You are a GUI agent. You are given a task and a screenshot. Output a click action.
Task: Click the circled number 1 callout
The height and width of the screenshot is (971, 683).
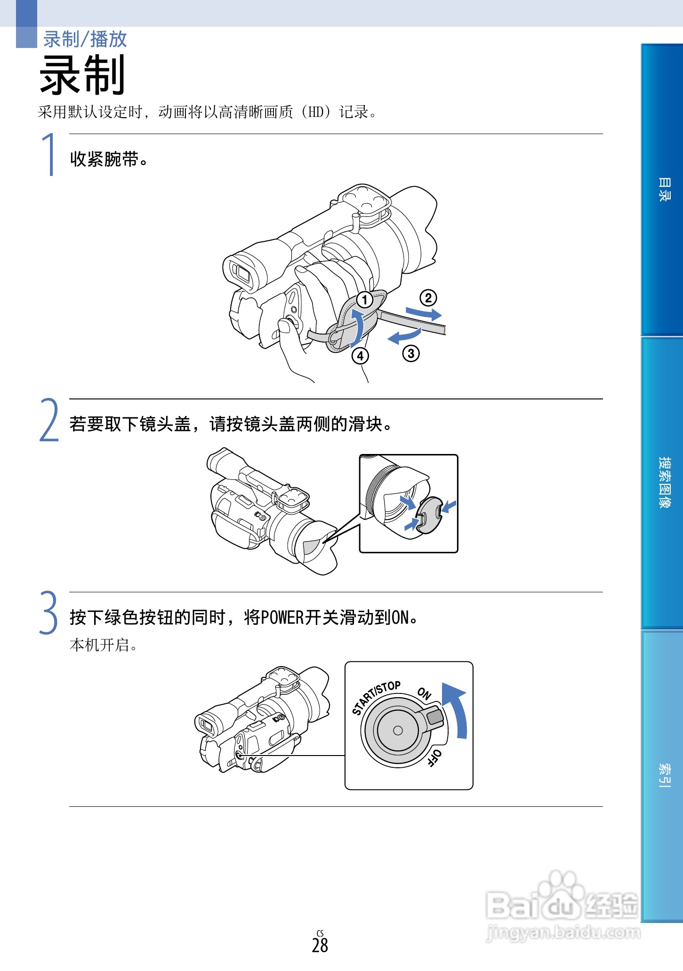pyautogui.click(x=364, y=299)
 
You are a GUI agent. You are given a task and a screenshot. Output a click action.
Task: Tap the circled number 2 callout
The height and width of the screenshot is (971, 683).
pyautogui.click(x=428, y=297)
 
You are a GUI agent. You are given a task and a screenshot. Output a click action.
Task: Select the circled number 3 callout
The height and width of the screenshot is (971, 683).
pyautogui.click(x=411, y=353)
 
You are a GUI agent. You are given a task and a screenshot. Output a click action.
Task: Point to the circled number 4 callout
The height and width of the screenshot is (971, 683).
pyautogui.click(x=360, y=356)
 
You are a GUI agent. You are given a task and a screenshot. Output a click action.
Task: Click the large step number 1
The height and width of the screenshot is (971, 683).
pyautogui.click(x=49, y=154)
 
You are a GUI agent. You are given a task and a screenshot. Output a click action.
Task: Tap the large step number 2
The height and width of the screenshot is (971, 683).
pyautogui.click(x=49, y=420)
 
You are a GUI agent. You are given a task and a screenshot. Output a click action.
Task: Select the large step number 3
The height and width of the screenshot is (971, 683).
pyautogui.click(x=48, y=613)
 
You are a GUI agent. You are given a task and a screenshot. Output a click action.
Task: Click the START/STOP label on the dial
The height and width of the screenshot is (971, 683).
pyautogui.click(x=376, y=697)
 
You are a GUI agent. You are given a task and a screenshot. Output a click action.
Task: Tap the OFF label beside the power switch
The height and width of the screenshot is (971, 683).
pyautogui.click(x=434, y=758)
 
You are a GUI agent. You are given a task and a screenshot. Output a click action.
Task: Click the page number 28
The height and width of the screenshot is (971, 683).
pyautogui.click(x=320, y=945)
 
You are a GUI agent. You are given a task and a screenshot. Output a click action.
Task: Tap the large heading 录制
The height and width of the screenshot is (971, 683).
pyautogui.click(x=82, y=75)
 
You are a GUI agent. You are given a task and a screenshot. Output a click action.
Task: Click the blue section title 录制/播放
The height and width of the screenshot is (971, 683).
pyautogui.click(x=85, y=39)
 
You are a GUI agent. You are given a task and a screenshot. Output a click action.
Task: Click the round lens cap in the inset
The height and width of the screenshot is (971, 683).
pyautogui.click(x=430, y=515)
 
